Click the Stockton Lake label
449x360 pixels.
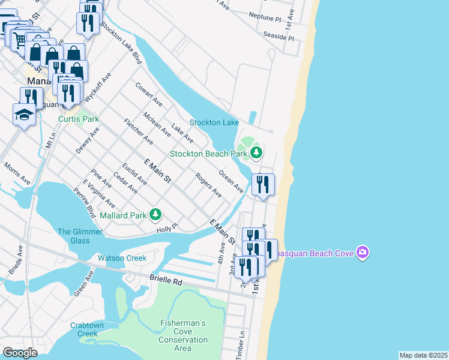pos(214,123)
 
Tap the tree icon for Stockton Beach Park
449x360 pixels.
pos(256,154)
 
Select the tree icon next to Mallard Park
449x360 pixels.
pos(155,214)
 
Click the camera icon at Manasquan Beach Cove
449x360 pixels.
pos(362,253)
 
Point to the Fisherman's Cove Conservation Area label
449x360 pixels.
pos(183,335)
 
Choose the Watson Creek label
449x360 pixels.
pos(122,259)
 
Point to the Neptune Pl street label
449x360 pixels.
pos(264,19)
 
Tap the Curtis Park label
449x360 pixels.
pos(79,119)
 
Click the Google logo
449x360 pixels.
pos(20,353)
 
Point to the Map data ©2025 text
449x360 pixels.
pos(423,355)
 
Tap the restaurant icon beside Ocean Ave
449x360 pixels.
pos(263,184)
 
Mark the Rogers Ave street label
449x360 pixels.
pos(208,186)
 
